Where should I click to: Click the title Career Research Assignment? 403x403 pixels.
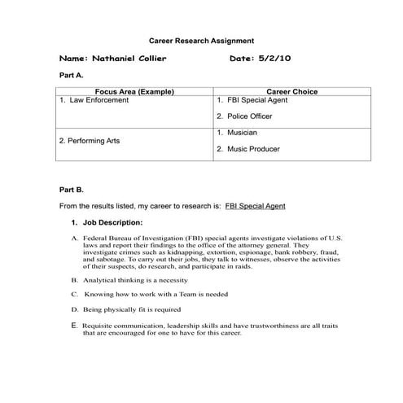pyautogui.click(x=201, y=40)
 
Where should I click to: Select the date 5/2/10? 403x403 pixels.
pyautogui.click(x=274, y=59)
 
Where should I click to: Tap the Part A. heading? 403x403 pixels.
pyautogui.click(x=72, y=75)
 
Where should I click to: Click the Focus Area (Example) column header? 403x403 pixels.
pyautogui.click(x=134, y=92)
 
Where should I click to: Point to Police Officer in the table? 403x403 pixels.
pyautogui.click(x=250, y=117)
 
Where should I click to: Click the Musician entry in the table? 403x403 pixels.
pyautogui.click(x=242, y=133)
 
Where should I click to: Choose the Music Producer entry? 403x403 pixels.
pyautogui.click(x=252, y=149)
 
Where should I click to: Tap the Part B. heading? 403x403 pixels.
pyautogui.click(x=72, y=190)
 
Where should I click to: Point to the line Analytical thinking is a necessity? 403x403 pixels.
pyautogui.click(x=135, y=278)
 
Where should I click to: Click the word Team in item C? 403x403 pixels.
pyautogui.click(x=195, y=294)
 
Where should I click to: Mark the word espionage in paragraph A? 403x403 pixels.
pyautogui.click(x=240, y=252)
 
